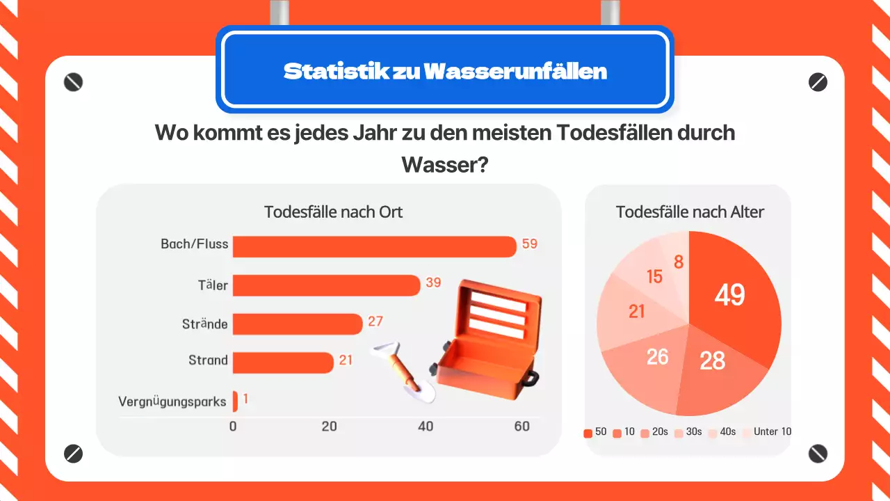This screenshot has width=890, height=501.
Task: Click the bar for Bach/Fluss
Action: [374, 246]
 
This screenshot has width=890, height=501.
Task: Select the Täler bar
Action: [326, 285]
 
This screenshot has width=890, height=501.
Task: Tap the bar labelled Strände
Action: [298, 324]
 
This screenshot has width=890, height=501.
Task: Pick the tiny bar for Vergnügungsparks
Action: [235, 401]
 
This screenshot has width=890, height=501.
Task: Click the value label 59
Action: [530, 244]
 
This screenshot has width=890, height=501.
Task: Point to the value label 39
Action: [433, 283]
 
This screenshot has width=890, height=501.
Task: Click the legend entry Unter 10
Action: [767, 432]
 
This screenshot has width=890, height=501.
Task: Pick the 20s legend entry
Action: [654, 432]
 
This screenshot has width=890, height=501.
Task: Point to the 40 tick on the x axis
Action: [426, 427]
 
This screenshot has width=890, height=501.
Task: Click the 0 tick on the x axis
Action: [233, 427]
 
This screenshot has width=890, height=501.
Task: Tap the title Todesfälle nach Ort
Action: [333, 212]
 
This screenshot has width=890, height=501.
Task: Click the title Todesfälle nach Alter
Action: [690, 212]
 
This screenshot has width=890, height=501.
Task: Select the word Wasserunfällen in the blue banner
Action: [515, 71]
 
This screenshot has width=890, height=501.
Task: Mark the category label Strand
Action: [208, 360]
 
